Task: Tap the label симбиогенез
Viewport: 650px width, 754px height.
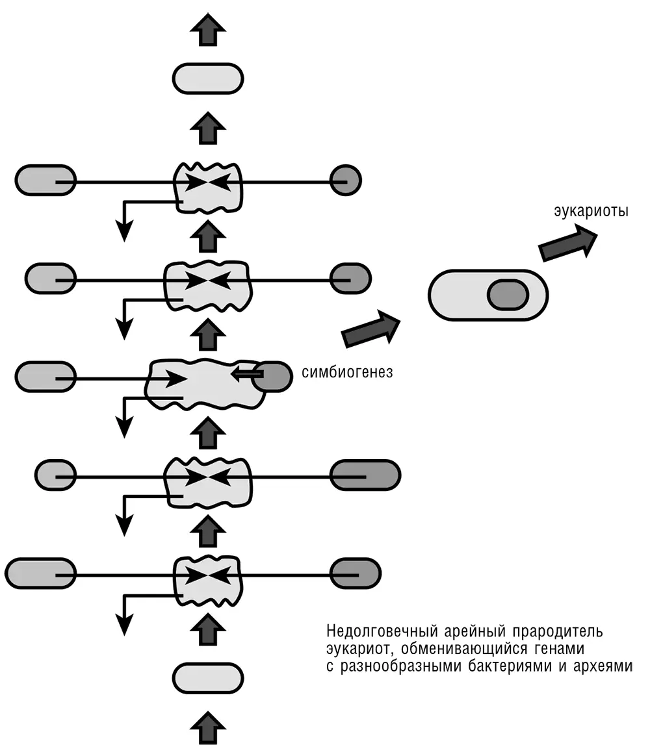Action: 347,373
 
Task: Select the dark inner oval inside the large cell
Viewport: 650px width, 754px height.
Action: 508,294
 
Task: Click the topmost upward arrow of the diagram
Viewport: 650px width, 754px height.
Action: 208,30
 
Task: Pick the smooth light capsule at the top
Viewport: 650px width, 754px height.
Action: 208,78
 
